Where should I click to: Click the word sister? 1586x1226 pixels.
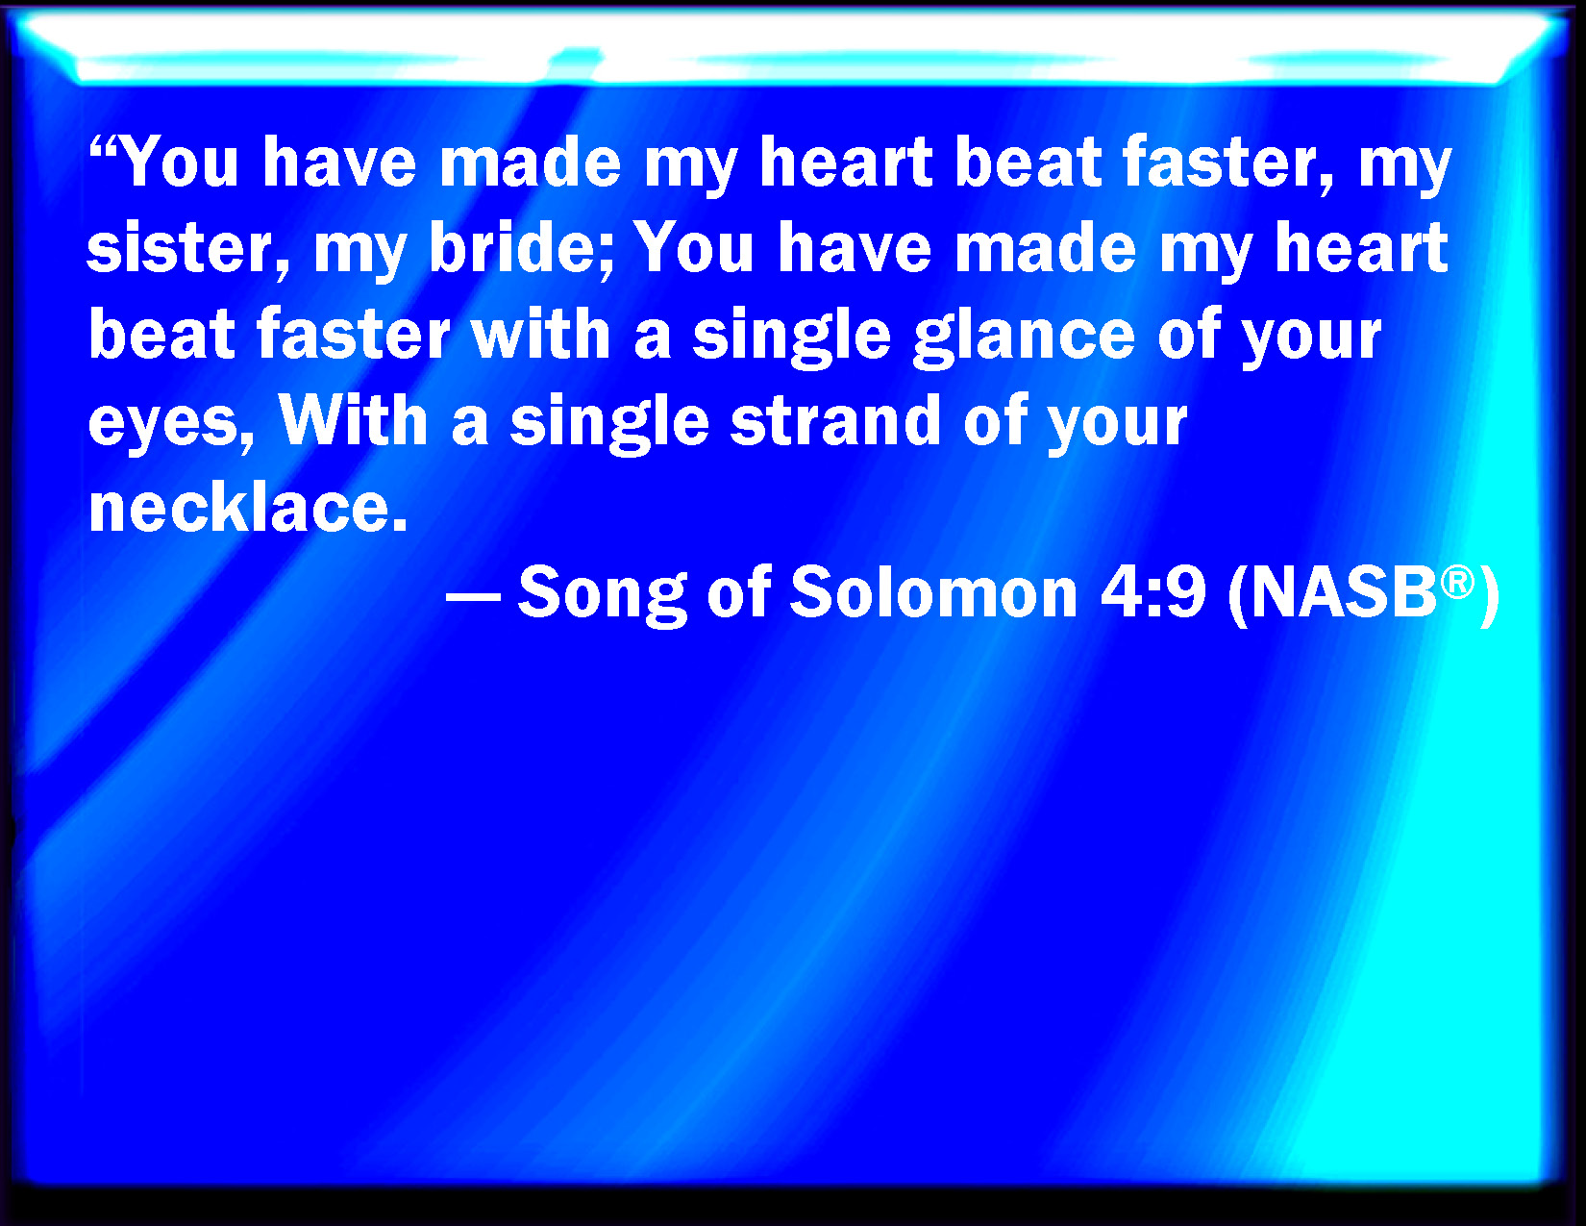[x=188, y=247]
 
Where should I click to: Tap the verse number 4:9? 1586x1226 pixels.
[x=1153, y=592]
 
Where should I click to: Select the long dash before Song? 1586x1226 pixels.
[x=473, y=596]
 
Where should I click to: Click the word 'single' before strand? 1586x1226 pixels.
[x=609, y=423]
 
